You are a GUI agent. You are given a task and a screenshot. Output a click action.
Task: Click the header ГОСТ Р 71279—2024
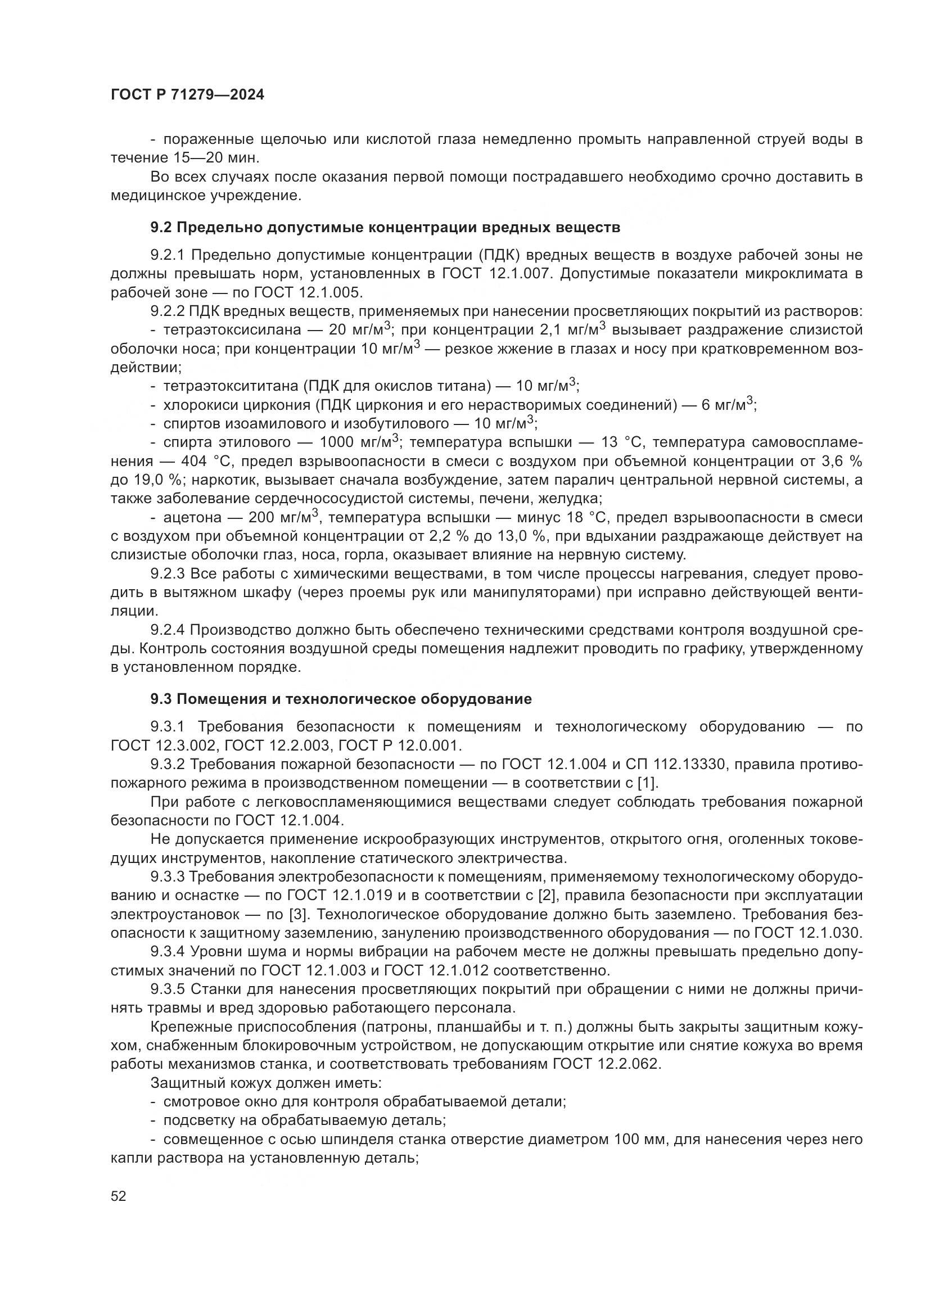(187, 95)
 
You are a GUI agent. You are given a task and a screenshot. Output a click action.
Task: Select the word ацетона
(192, 518)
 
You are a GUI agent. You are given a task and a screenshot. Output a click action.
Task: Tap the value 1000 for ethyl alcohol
(339, 442)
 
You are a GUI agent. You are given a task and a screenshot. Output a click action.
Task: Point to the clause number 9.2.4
(168, 631)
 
